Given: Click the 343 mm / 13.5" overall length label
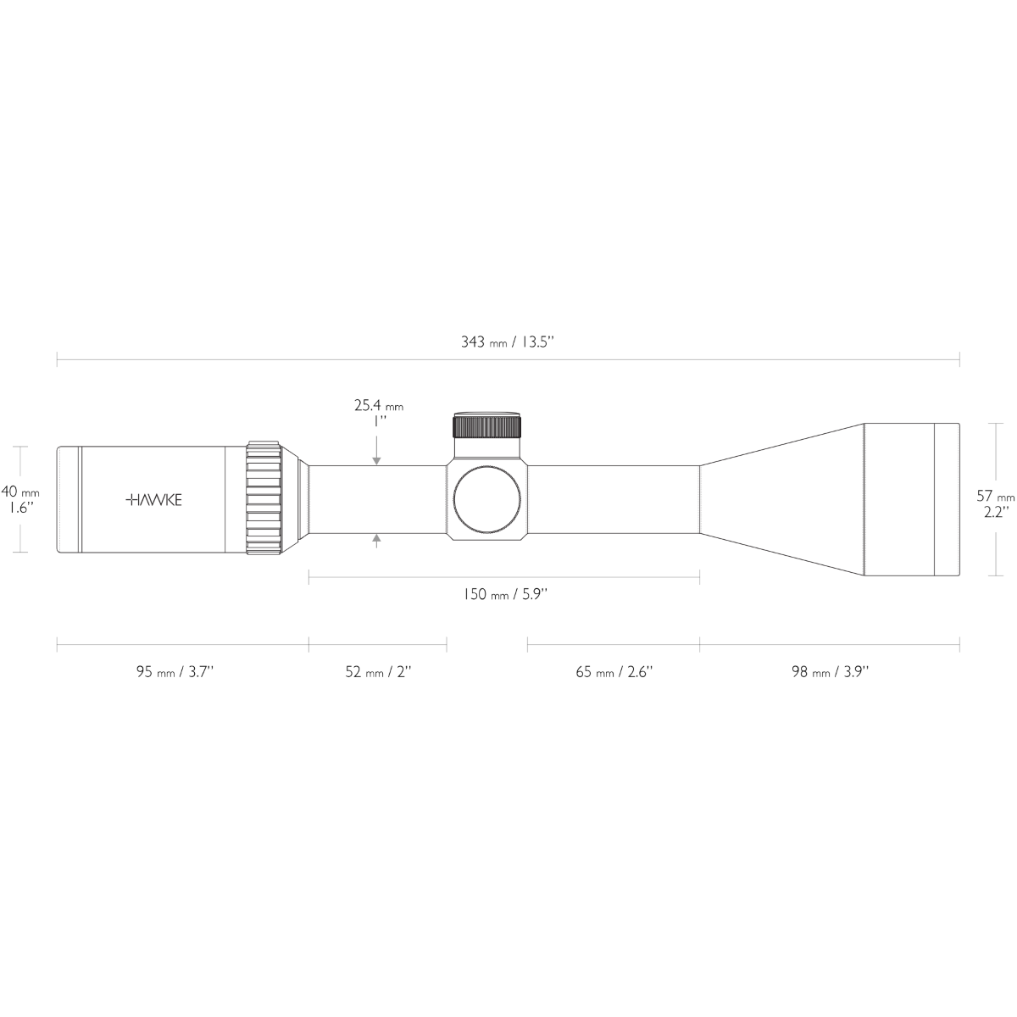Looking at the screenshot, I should [x=507, y=342].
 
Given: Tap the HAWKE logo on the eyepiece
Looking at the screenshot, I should [x=153, y=500].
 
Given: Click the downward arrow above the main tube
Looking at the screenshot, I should [x=376, y=458].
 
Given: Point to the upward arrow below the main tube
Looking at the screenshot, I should [x=376, y=540].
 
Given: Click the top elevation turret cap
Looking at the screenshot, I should [x=486, y=424].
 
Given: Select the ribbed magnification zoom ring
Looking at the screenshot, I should [x=264, y=499].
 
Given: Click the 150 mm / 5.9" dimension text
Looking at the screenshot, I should [x=504, y=594].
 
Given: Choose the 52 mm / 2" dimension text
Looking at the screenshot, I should [x=377, y=672].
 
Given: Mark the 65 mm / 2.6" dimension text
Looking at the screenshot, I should [x=614, y=672].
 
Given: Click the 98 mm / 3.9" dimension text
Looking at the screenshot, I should [x=830, y=672].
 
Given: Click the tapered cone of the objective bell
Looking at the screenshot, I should [x=780, y=499].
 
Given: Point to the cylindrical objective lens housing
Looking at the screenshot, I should [x=898, y=499].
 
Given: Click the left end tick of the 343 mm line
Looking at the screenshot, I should [x=57, y=359].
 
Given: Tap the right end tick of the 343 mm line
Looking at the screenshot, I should [x=959, y=359].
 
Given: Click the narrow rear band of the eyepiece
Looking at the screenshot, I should [x=69, y=499].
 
